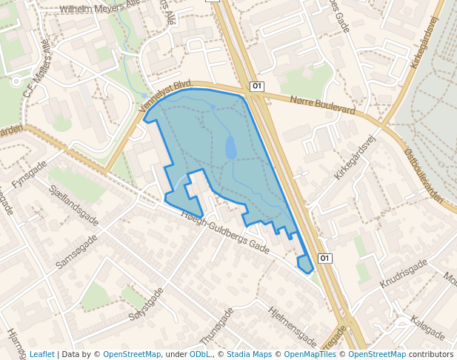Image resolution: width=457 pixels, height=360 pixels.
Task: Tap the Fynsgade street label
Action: [30, 174]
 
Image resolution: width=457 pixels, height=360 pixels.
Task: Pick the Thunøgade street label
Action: [212, 326]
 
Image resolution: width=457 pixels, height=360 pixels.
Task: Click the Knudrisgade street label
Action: [404, 273]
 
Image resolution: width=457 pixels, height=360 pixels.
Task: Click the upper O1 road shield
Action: [257, 86]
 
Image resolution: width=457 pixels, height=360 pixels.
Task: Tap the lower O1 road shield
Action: [324, 258]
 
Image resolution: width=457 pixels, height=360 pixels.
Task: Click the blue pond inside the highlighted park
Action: [230, 147]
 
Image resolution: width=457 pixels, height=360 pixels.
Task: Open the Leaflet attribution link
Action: [41, 354]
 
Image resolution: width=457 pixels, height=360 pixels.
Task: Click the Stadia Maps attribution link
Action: [249, 354]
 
